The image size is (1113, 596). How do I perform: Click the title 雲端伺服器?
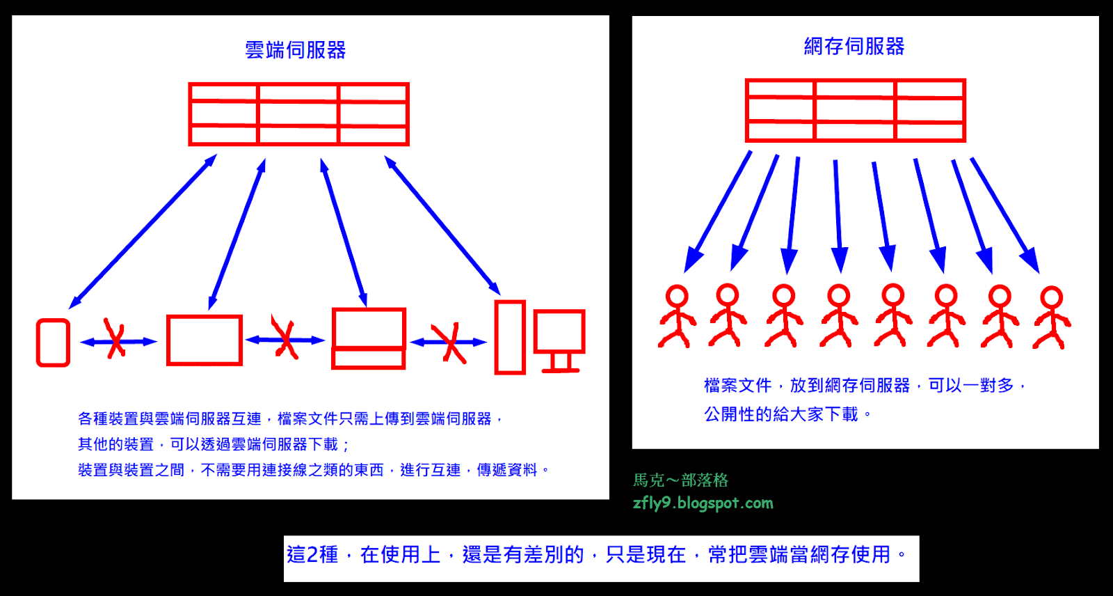pos(296,50)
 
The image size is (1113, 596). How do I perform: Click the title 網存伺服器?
pos(854,47)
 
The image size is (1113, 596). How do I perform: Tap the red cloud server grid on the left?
pos(298,114)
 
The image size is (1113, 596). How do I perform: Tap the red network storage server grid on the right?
pos(855,111)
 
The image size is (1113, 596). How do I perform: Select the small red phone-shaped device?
pos(53,343)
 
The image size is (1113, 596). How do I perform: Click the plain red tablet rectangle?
pos(205,340)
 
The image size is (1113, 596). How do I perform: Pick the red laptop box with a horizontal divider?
pos(369,338)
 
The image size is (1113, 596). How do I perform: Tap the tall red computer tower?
pos(510,337)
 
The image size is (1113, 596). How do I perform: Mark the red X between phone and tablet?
pos(115,340)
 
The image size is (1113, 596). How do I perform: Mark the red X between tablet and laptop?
pos(285,338)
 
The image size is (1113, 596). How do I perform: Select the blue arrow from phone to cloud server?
pos(143,231)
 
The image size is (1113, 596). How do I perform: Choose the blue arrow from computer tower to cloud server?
pos(442,226)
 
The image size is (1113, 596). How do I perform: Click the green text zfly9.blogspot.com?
pos(703,503)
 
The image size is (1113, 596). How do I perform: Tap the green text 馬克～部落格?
pos(680,480)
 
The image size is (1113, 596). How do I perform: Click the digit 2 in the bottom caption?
pos(313,555)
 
